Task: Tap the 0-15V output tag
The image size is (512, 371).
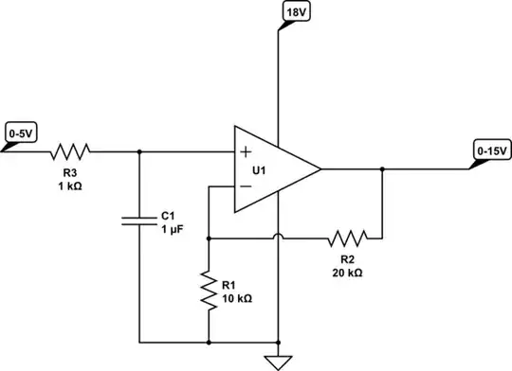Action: pos(491,150)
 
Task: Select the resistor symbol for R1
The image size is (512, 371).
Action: pos(207,290)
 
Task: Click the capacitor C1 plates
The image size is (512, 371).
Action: pos(139,221)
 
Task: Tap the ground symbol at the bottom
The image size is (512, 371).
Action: pos(277,360)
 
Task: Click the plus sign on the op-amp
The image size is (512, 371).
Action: pos(247,151)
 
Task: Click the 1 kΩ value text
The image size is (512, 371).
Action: pos(69,185)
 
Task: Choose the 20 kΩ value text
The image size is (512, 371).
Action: pos(347,272)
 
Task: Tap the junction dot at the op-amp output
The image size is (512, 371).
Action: pos(381,170)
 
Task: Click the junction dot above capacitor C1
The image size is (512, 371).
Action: pos(139,151)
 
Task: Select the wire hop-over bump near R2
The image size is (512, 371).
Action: pos(277,239)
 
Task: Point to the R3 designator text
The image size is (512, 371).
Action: pos(69,173)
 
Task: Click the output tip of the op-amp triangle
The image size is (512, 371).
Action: pos(320,170)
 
